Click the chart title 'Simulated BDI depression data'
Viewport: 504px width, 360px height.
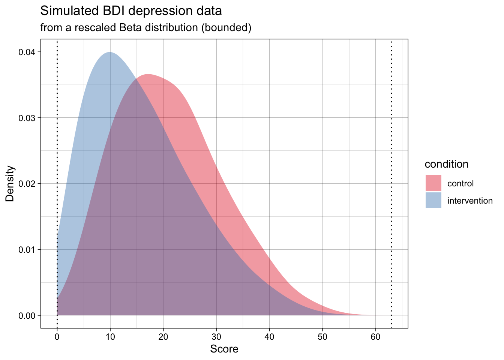(x=131, y=11)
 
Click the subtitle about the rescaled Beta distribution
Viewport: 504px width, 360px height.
(x=145, y=28)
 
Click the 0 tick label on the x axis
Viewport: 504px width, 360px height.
(x=57, y=336)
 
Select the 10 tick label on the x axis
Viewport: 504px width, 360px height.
(x=110, y=336)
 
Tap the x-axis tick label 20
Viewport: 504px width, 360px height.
(x=163, y=336)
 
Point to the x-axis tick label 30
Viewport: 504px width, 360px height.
(x=216, y=336)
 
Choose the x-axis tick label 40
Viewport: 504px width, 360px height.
(x=269, y=336)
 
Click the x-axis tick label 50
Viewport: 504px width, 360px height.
(x=322, y=336)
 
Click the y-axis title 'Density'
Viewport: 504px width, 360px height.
(x=10, y=184)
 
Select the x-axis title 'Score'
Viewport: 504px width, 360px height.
(x=224, y=349)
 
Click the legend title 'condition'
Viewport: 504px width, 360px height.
(x=446, y=164)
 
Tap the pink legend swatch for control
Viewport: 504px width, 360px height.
(x=433, y=183)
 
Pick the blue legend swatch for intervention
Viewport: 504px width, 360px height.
(x=433, y=201)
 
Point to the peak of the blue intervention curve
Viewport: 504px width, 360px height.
(x=110, y=52)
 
